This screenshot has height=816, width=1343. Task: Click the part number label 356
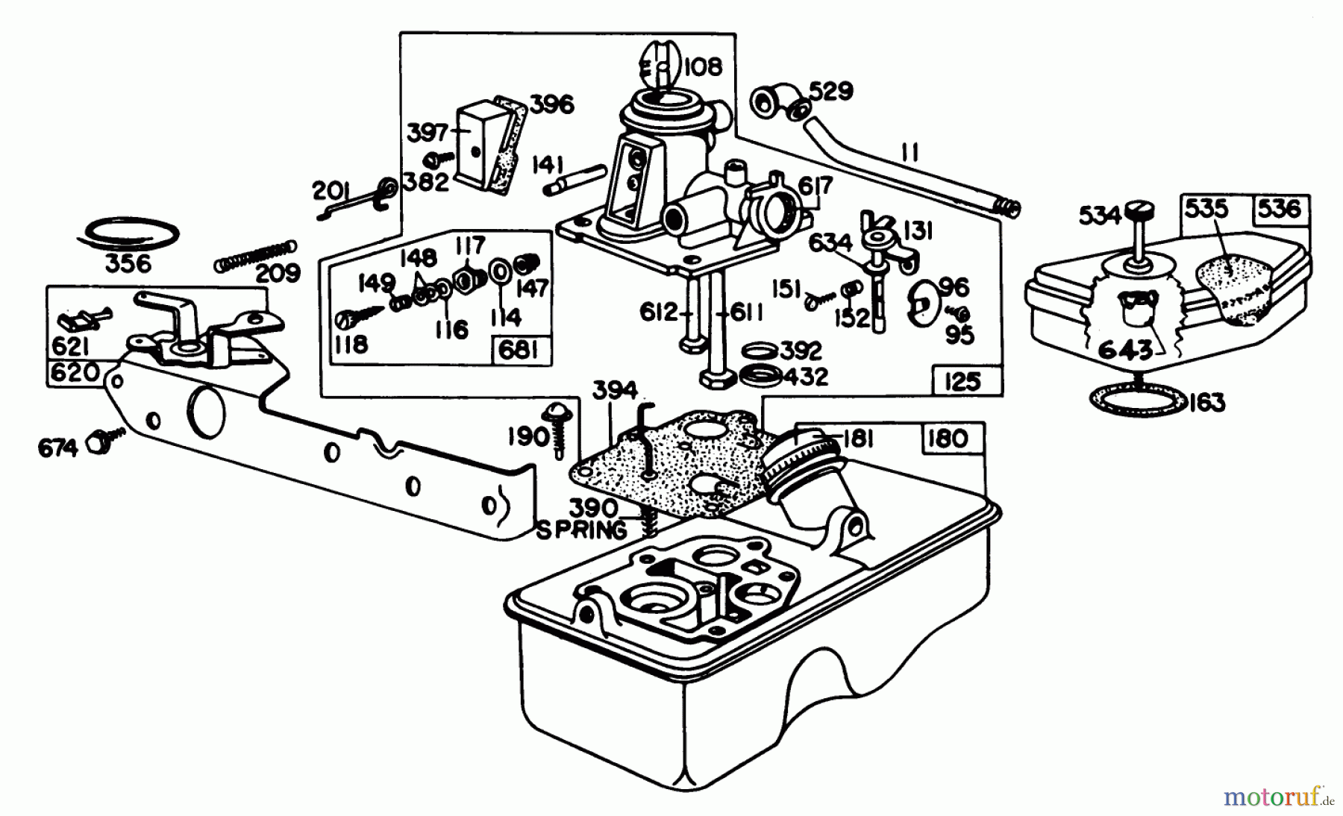point(128,264)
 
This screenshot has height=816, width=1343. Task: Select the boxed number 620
point(75,371)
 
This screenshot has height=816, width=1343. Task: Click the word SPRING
point(582,530)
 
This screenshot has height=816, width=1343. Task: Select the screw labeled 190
point(558,425)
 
